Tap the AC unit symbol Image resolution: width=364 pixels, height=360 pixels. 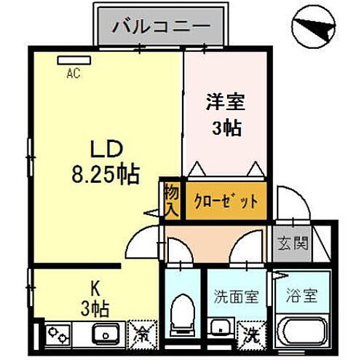[72, 62]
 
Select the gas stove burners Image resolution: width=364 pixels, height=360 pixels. [57, 334]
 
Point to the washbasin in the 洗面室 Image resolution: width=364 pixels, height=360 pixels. [218, 326]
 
